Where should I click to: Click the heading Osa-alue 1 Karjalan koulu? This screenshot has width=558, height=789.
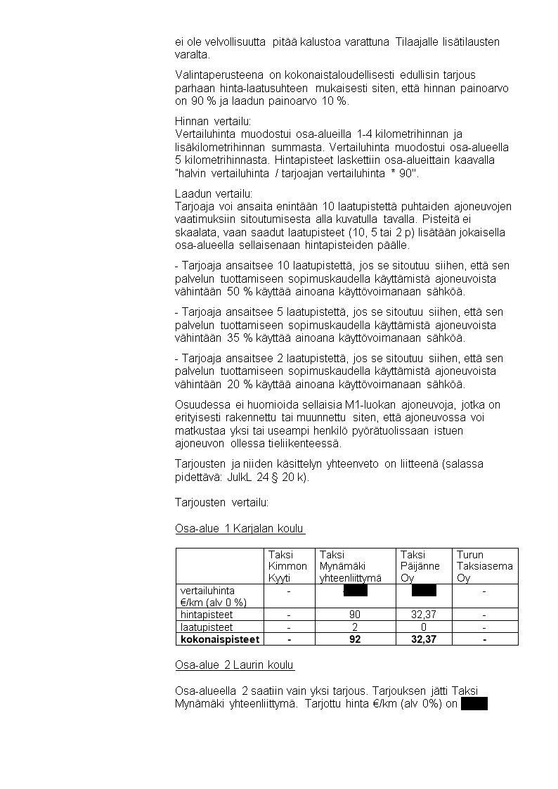[x=239, y=529]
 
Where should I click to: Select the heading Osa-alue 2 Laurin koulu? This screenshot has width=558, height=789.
[x=234, y=665]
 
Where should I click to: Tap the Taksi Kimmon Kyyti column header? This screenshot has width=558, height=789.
[x=287, y=566]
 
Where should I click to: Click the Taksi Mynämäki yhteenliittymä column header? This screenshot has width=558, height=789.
[x=350, y=566]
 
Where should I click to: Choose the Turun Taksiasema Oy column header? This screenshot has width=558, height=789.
[x=484, y=566]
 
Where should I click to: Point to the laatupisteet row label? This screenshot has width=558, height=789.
[x=203, y=627]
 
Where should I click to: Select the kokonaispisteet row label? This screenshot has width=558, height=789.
[x=220, y=639]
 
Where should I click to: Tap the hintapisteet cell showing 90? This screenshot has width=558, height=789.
[x=354, y=615]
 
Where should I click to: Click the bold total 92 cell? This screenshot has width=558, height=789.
[x=354, y=639]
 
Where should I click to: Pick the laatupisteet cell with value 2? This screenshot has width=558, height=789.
[x=354, y=627]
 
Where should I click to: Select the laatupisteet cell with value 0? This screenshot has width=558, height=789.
[x=423, y=627]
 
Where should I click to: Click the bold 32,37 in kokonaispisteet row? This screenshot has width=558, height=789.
[x=423, y=639]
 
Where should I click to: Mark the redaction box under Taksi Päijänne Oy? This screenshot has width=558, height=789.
[x=424, y=591]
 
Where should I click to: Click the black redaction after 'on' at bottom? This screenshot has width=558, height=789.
[x=474, y=704]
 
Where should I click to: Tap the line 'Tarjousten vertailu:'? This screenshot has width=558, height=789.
[x=221, y=503]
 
